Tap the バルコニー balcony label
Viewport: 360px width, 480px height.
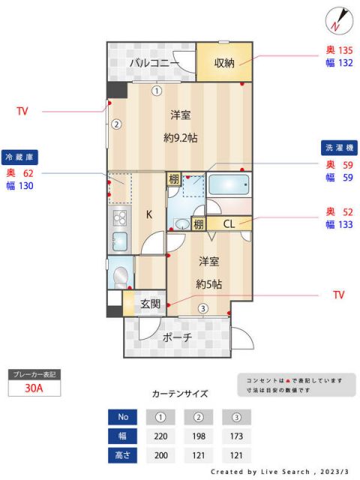point(154,63)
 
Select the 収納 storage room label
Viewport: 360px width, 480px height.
point(224,63)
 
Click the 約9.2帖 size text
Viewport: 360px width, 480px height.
point(180,137)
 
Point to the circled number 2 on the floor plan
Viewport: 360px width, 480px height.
point(117,125)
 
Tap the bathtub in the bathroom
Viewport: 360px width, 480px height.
point(229,185)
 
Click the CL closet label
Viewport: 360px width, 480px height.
point(229,223)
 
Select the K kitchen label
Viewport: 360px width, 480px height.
point(148,214)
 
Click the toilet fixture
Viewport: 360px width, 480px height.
point(120,276)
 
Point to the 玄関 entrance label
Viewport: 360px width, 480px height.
point(150,304)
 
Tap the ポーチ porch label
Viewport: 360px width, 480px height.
point(177,337)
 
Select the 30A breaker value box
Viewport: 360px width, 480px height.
point(33,388)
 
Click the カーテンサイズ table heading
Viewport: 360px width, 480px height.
point(179,393)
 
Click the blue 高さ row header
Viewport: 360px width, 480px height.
point(123,454)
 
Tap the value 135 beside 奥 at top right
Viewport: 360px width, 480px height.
point(345,51)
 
